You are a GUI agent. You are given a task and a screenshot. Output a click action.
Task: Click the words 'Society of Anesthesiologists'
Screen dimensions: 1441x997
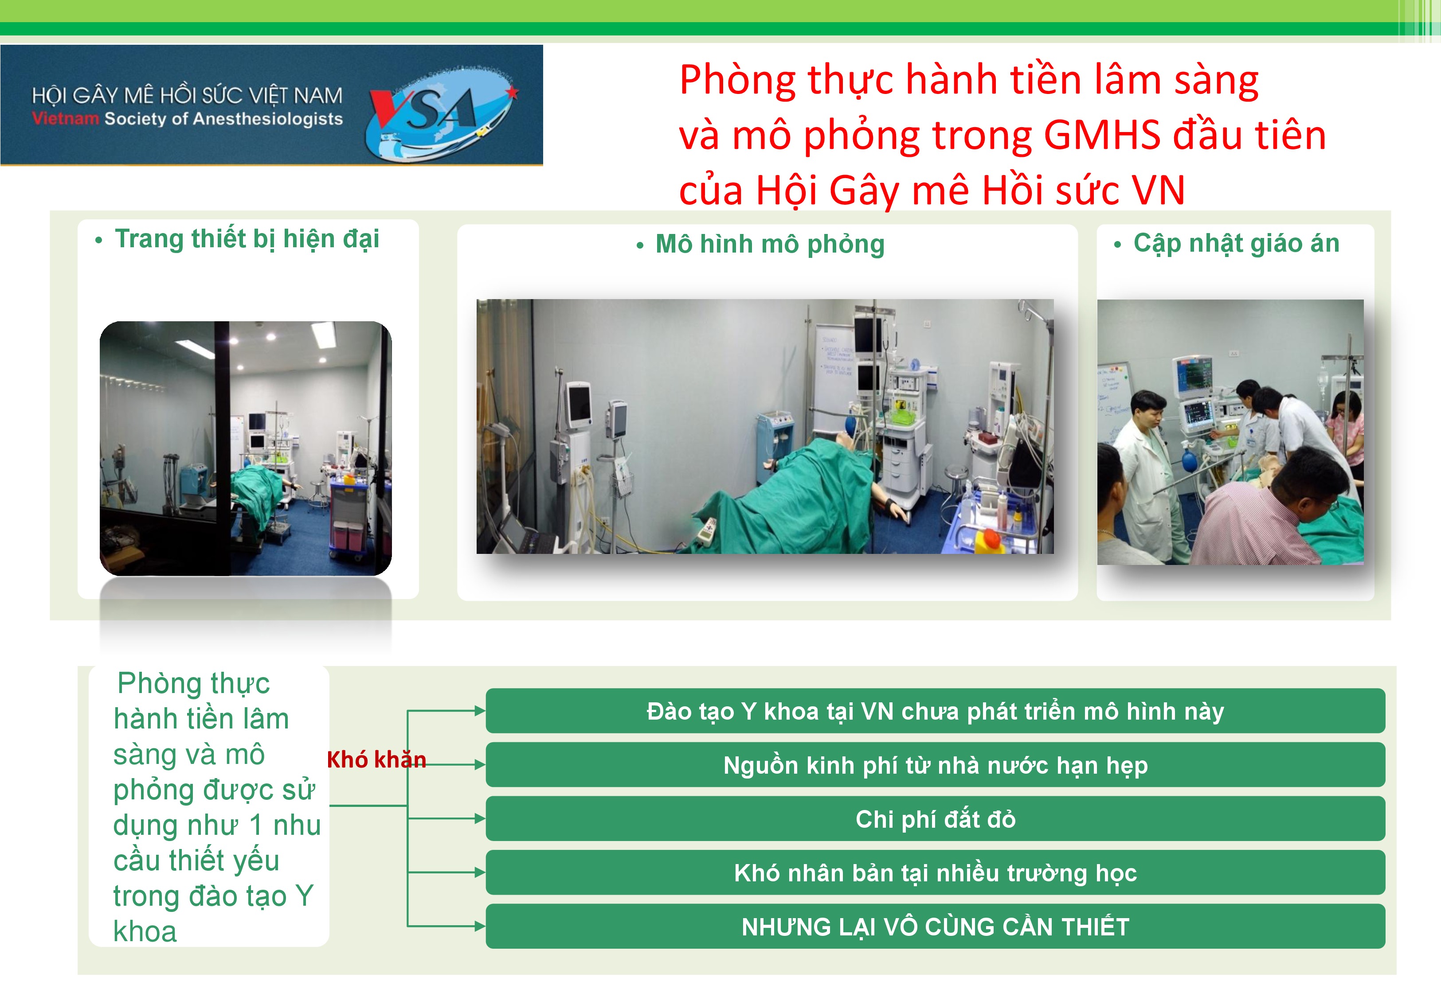[223, 119]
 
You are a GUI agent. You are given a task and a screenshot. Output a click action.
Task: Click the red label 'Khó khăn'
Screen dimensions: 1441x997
[376, 759]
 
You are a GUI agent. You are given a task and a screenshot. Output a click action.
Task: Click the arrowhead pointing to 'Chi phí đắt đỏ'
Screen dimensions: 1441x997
[480, 818]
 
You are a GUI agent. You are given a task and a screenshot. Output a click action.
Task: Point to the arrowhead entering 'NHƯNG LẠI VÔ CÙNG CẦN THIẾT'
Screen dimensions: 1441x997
[480, 927]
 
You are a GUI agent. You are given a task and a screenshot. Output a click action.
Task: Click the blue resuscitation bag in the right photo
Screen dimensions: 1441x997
[1189, 460]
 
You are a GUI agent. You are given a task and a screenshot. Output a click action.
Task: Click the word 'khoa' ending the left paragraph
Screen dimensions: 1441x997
[145, 931]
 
